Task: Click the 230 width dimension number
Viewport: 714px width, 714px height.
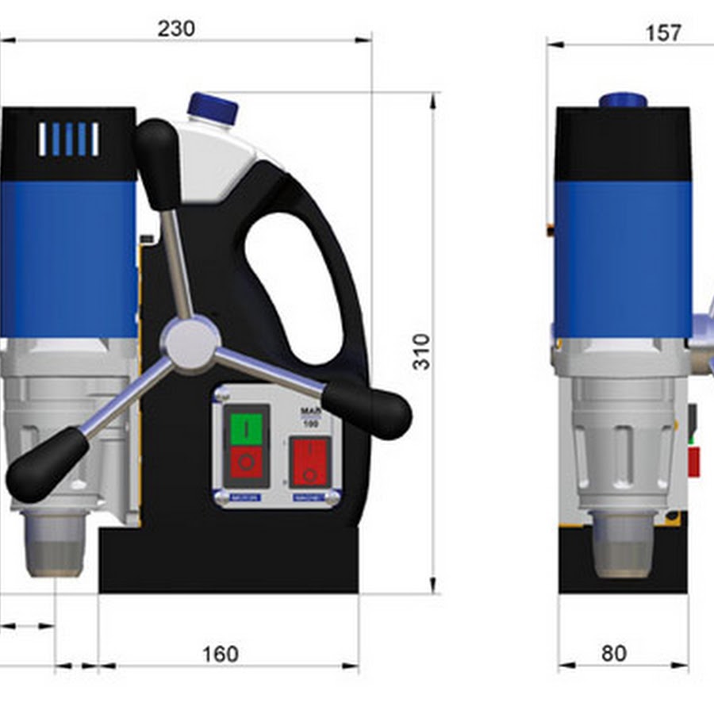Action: click(x=176, y=29)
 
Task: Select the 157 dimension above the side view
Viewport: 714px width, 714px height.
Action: click(x=663, y=33)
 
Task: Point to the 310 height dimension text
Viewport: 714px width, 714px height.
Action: click(x=422, y=351)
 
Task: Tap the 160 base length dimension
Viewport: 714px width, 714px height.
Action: click(x=220, y=654)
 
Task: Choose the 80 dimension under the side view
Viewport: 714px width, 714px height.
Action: click(x=613, y=653)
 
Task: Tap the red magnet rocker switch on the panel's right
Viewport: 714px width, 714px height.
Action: click(x=310, y=461)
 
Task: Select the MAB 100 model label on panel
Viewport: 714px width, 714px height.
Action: click(x=310, y=417)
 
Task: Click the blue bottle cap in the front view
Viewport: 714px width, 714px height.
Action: click(x=213, y=108)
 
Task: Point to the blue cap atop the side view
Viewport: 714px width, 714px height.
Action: click(x=623, y=101)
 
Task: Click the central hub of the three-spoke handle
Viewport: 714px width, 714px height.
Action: click(x=190, y=344)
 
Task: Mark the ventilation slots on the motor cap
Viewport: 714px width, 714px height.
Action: click(x=69, y=139)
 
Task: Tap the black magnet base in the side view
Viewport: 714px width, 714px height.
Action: click(x=623, y=559)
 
